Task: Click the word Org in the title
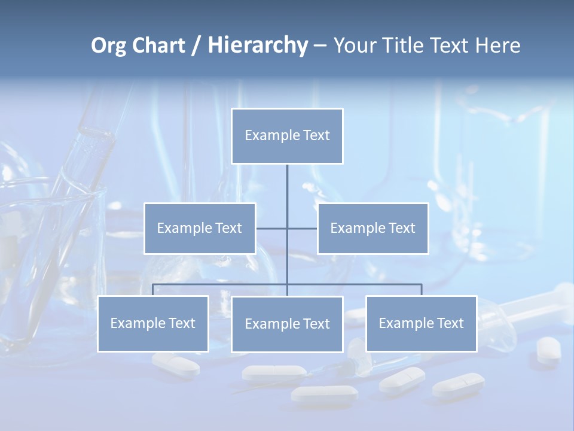108,45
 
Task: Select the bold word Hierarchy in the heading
258,45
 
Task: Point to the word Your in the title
356,45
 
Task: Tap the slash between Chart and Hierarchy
196,45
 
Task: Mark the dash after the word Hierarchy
320,46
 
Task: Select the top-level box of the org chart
287,136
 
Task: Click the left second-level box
200,228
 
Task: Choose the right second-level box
373,228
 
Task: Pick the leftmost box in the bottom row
153,323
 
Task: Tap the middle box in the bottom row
287,324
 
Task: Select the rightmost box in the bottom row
421,323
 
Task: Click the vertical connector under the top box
287,192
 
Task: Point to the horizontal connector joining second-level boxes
272,228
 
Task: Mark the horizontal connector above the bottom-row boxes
221,284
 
